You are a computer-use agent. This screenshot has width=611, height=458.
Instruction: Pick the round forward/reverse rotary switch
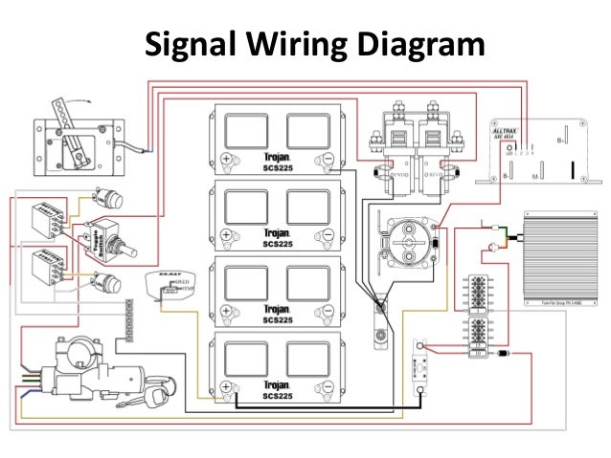(408, 238)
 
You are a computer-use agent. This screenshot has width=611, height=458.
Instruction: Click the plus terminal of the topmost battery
(226, 159)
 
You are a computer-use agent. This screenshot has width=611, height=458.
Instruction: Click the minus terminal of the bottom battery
(328, 386)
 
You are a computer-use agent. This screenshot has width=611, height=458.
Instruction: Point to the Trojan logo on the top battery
(277, 157)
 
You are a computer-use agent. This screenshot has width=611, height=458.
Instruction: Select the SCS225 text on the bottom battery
(278, 396)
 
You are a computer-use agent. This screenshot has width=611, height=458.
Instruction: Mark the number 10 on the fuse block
(478, 353)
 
